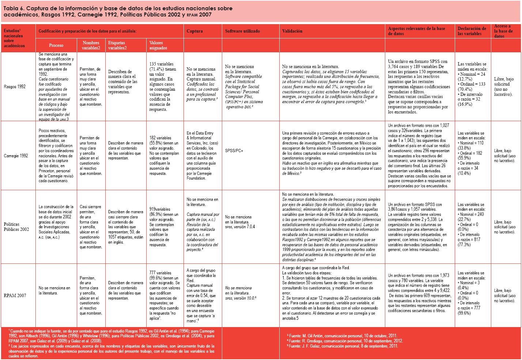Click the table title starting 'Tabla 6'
tap(117, 11)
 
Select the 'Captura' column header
tap(194, 31)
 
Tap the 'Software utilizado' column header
tap(242, 31)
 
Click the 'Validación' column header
tap(292, 31)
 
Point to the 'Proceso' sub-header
tap(56, 45)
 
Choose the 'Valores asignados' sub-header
tap(158, 45)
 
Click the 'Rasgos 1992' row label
tap(14, 87)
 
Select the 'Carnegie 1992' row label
tap(16, 155)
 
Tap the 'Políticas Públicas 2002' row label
tap(16, 227)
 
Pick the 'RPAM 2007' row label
tap(15, 295)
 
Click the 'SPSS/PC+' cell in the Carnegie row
tap(235, 150)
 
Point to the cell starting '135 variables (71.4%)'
tap(163, 87)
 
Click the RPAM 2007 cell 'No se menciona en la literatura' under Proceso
tap(54, 290)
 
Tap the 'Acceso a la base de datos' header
tap(503, 31)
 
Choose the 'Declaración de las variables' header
tap(472, 31)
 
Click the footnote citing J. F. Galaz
tap(343, 346)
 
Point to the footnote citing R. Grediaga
tap(345, 341)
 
